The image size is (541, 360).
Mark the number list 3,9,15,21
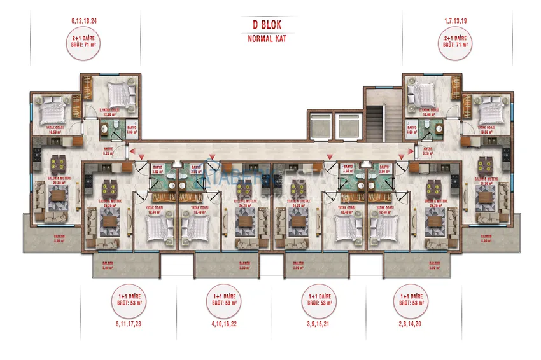(317, 324)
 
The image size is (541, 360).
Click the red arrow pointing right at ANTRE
(403, 151)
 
